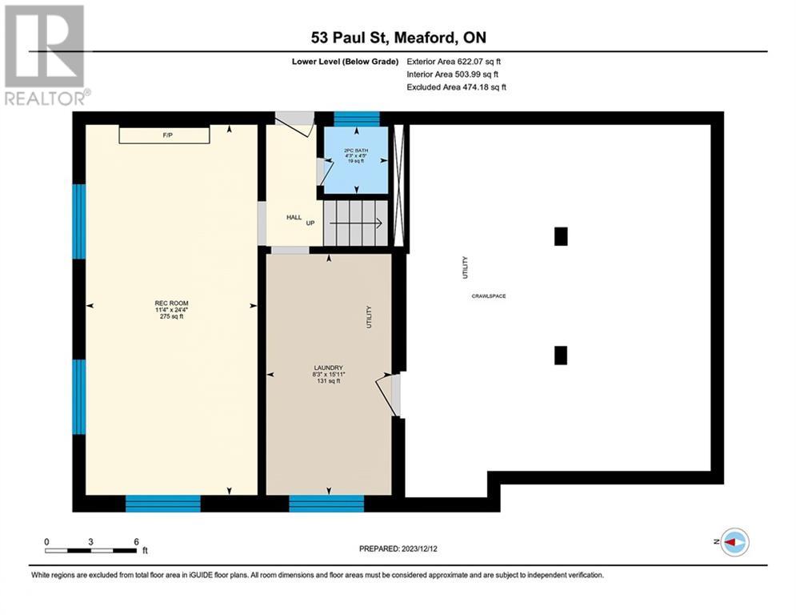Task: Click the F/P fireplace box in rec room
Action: pos(165,135)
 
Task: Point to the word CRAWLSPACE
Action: pos(488,296)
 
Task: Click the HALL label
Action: pos(294,217)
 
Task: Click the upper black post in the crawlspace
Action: pos(561,236)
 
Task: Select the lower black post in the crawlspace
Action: pos(561,355)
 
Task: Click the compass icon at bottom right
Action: pos(734,542)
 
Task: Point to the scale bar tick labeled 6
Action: pos(136,542)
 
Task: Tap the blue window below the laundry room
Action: pos(326,503)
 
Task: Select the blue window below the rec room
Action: pos(163,503)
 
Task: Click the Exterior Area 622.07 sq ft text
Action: pos(454,61)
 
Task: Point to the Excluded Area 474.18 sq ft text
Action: pos(456,86)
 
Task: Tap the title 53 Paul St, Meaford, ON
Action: pos(398,37)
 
